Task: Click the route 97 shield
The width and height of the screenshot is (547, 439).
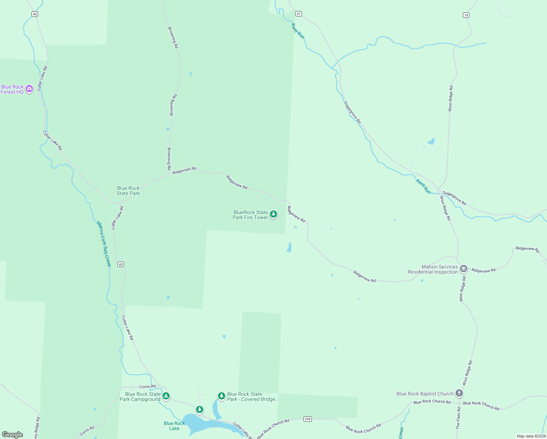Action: tap(299, 14)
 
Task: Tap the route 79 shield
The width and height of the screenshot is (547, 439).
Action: tap(466, 15)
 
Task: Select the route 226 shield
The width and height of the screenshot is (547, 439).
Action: tap(308, 419)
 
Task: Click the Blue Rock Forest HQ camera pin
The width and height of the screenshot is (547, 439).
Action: tap(29, 89)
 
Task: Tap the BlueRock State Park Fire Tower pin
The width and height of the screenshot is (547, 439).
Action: tap(273, 214)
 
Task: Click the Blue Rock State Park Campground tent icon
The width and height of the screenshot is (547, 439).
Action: tap(166, 396)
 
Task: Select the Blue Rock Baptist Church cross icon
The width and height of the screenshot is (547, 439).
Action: tap(459, 393)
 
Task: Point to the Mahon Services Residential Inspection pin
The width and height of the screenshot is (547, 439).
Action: tap(463, 269)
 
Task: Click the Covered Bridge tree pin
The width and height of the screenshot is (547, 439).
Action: tap(221, 396)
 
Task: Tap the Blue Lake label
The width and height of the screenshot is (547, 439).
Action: tap(174, 426)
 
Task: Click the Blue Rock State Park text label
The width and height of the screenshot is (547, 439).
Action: tap(128, 191)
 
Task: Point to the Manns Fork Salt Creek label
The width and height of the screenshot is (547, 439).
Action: tap(103, 244)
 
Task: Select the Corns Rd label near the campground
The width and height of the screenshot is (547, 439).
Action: tap(147, 387)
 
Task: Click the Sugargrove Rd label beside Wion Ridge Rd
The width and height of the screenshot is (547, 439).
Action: tap(454, 198)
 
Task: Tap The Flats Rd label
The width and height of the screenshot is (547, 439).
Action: tap(458, 418)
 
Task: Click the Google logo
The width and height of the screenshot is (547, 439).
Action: tap(12, 435)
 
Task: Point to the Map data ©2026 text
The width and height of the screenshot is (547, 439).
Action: tap(531, 436)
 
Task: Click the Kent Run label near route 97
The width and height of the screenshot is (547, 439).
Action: tap(298, 31)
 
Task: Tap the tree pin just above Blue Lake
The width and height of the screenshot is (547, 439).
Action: tap(199, 409)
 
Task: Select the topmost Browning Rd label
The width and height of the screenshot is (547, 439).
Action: tap(173, 37)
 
